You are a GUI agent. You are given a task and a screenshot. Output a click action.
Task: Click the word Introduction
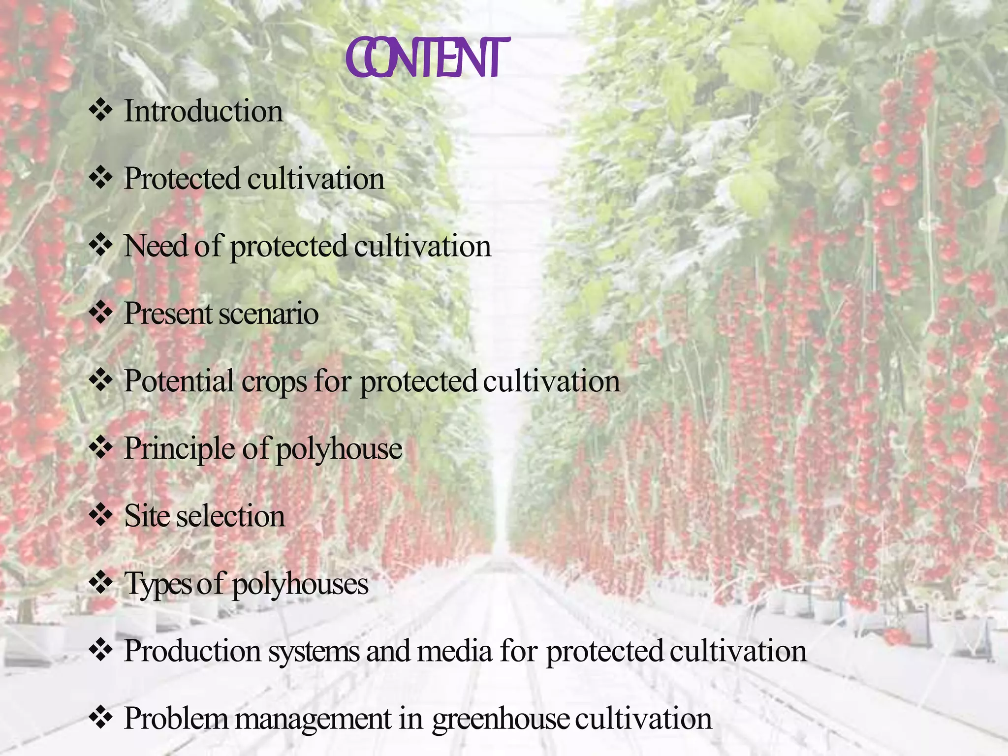coord(203,111)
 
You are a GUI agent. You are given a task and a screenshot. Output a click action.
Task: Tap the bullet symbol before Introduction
coord(101,110)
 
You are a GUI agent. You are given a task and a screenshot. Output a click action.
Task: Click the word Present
coord(169,314)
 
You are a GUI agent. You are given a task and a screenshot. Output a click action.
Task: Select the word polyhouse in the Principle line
coord(339,449)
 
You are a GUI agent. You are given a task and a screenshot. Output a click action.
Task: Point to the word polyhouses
coord(300,585)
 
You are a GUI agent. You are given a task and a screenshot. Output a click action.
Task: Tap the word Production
coord(192,651)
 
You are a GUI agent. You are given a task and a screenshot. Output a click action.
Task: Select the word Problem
coord(176,719)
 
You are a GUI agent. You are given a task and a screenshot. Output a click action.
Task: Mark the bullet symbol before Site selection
coord(101,515)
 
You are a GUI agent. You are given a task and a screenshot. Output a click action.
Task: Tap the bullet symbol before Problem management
coord(101,718)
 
